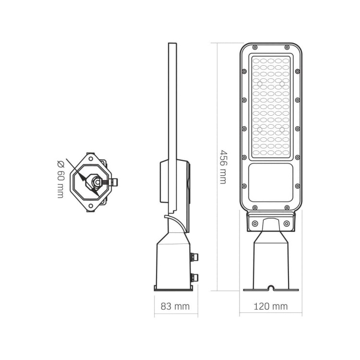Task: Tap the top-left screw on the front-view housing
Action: [254, 47]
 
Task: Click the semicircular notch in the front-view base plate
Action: [271, 288]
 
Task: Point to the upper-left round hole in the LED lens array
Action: [260, 84]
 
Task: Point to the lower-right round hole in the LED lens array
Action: [282, 129]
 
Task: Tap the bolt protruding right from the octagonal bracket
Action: [114, 181]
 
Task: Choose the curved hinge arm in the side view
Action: [179, 223]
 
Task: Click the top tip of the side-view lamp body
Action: [170, 44]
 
